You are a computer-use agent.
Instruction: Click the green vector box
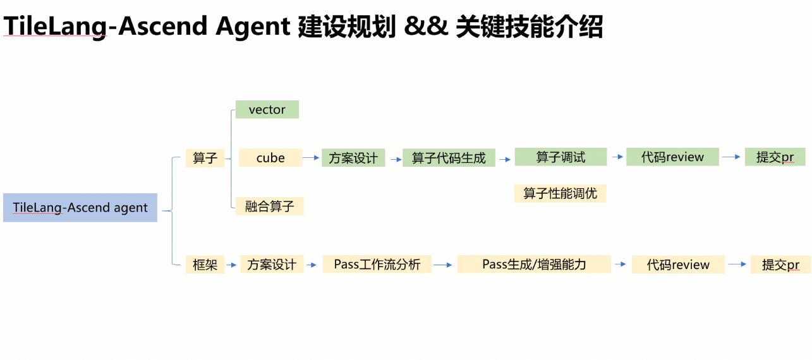pyautogui.click(x=267, y=110)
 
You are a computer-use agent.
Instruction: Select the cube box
pyautogui.click(x=270, y=158)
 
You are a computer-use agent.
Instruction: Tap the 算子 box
pyautogui.click(x=205, y=158)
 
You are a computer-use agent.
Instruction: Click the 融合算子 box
pyautogui.click(x=269, y=206)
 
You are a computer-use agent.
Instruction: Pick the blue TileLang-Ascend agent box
pyautogui.click(x=80, y=207)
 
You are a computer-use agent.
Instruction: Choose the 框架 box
pyautogui.click(x=205, y=265)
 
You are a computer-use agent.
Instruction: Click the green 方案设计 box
pyautogui.click(x=353, y=158)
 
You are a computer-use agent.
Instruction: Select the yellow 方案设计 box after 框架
pyautogui.click(x=272, y=265)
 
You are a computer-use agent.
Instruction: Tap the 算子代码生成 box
pyautogui.click(x=449, y=158)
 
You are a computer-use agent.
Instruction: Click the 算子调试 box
pyautogui.click(x=561, y=157)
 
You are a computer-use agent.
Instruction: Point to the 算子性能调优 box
pyautogui.click(x=560, y=193)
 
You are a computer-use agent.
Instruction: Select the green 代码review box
pyautogui.click(x=672, y=157)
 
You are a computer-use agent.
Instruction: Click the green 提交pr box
pyautogui.click(x=775, y=157)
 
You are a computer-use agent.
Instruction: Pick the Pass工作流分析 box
pyautogui.click(x=377, y=264)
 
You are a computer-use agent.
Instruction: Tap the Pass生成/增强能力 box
pyautogui.click(x=534, y=264)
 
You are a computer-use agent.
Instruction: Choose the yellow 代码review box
pyautogui.click(x=678, y=265)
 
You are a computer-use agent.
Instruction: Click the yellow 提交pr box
pyautogui.click(x=780, y=265)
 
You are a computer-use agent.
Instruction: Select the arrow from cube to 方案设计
pyautogui.click(x=312, y=158)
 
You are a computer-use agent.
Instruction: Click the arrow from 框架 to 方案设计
pyautogui.click(x=232, y=265)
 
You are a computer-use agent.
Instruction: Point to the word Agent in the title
pyautogui.click(x=252, y=27)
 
